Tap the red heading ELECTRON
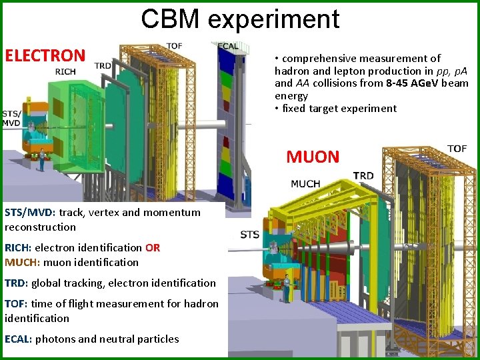tap(45, 55)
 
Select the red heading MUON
tap(313, 157)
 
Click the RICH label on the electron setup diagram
tap(65, 71)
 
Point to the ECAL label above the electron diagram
tap(228, 46)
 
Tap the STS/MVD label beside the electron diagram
tap(11, 118)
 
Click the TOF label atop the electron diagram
tap(175, 45)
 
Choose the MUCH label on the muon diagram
tap(305, 183)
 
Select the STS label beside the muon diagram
tap(249, 234)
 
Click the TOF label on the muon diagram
tap(457, 148)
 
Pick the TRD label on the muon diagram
tap(363, 175)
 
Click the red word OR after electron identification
tap(153, 247)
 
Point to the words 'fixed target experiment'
tap(339, 108)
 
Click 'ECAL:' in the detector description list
tap(18, 339)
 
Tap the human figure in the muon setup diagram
tap(287, 287)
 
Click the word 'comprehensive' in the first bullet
tap(317, 59)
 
